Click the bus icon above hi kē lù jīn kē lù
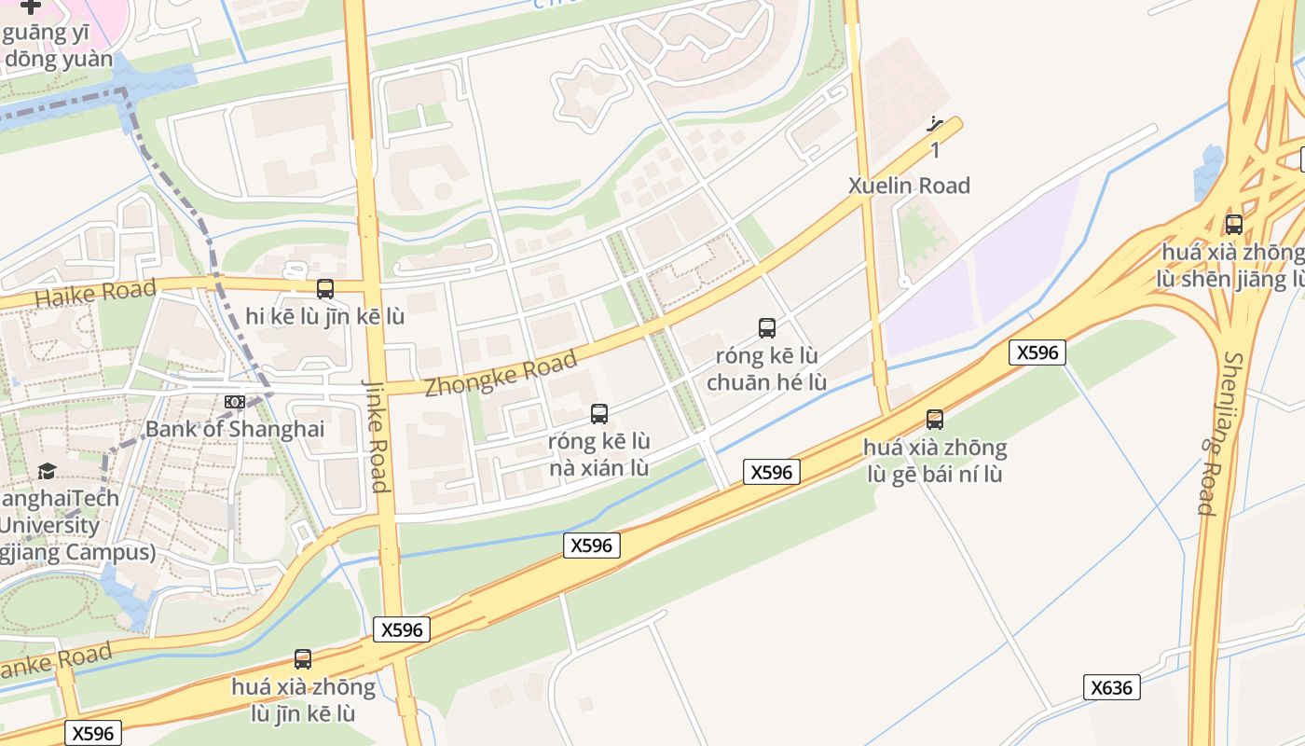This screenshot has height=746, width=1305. pyautogui.click(x=325, y=289)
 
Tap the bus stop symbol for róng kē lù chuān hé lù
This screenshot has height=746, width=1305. pyautogui.click(x=767, y=327)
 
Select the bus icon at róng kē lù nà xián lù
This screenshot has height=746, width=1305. pyautogui.click(x=599, y=413)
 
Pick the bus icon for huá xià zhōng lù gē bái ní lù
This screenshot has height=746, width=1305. pyautogui.click(x=935, y=420)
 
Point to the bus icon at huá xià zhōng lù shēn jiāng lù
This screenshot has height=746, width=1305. pyautogui.click(x=1234, y=224)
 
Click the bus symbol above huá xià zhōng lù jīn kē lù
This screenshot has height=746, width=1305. pyautogui.click(x=303, y=659)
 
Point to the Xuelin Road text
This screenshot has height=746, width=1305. pyautogui.click(x=909, y=186)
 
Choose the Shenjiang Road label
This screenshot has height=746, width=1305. pyautogui.click(x=1219, y=433)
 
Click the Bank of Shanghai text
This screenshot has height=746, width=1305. pyautogui.click(x=235, y=429)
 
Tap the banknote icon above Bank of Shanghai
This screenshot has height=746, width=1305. pyautogui.click(x=235, y=401)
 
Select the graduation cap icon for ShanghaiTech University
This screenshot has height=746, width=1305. pyautogui.click(x=47, y=471)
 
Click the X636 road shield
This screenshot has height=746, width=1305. pyautogui.click(x=1111, y=688)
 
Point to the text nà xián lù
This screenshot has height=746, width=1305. pyautogui.click(x=599, y=467)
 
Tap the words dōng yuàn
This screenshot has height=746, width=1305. pyautogui.click(x=59, y=60)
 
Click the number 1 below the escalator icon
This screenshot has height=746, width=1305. pyautogui.click(x=935, y=150)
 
